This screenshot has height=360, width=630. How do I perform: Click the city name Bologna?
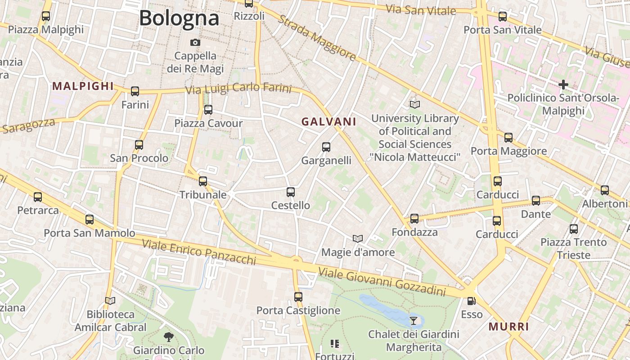pos(179,18)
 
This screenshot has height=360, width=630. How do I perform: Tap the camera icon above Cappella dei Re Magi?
pos(195,42)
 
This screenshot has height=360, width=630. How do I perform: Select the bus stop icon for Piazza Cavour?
pos(208,109)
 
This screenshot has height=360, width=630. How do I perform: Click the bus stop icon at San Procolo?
pos(139,144)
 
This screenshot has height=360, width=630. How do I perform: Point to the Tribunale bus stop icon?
pos(203,181)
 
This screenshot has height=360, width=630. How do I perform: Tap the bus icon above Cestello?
pos(291,192)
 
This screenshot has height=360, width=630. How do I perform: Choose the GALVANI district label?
pos(329,121)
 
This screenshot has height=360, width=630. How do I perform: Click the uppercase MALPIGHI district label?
pos(83,86)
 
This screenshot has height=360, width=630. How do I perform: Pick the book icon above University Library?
pos(414,104)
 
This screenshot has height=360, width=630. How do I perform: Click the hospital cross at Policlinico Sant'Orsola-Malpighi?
pos(563,84)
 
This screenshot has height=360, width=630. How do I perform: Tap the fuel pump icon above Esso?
pos(471,301)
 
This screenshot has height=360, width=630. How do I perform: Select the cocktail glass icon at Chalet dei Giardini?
pos(414,320)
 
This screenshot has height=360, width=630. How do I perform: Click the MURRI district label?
pos(508,327)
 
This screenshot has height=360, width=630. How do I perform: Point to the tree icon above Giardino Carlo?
pos(169,336)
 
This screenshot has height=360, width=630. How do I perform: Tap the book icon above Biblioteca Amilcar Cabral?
pos(110,300)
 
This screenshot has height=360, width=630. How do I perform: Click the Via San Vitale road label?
pos(421,9)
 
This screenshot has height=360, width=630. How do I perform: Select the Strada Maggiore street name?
pos(317,38)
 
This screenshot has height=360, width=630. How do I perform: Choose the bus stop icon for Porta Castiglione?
pos(298,297)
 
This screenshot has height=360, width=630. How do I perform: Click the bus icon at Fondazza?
pos(414,218)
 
